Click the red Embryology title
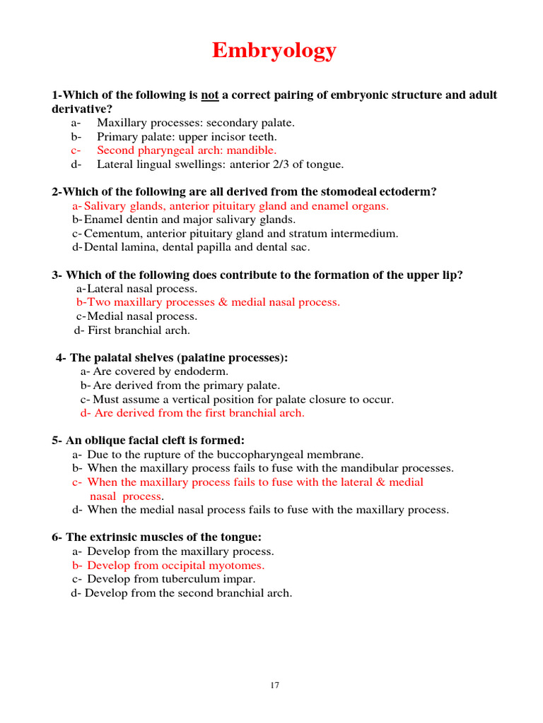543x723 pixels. pyautogui.click(x=274, y=52)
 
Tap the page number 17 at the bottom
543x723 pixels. pyautogui.click(x=274, y=685)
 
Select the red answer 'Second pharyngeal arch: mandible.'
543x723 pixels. pyautogui.click(x=187, y=150)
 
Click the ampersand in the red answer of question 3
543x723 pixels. pyautogui.click(x=223, y=302)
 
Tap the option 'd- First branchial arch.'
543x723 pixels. pyautogui.click(x=132, y=330)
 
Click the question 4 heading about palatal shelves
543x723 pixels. pyautogui.click(x=172, y=357)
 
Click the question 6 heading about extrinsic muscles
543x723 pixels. pyautogui.click(x=156, y=537)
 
